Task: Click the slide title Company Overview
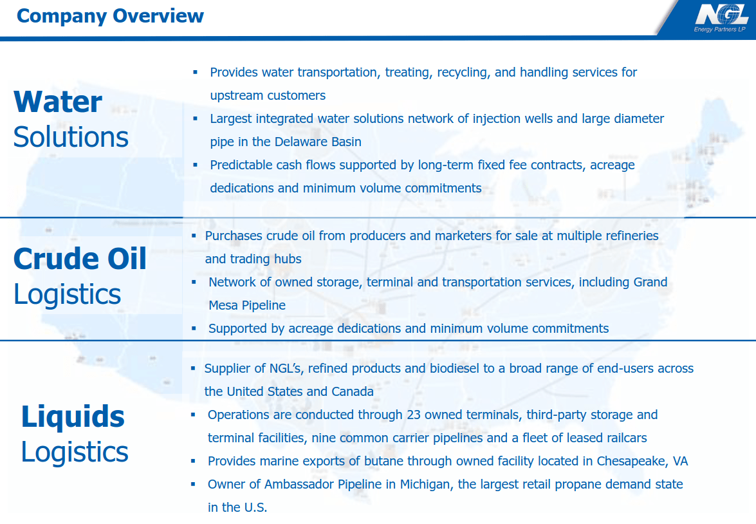(110, 15)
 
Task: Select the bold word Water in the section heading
(58, 102)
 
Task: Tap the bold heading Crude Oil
(80, 259)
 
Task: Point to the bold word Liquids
(73, 416)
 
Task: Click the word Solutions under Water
(71, 137)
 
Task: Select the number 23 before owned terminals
(413, 415)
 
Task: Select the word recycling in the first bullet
(463, 72)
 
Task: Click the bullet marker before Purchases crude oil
(194, 236)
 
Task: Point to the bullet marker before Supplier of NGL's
(193, 368)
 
